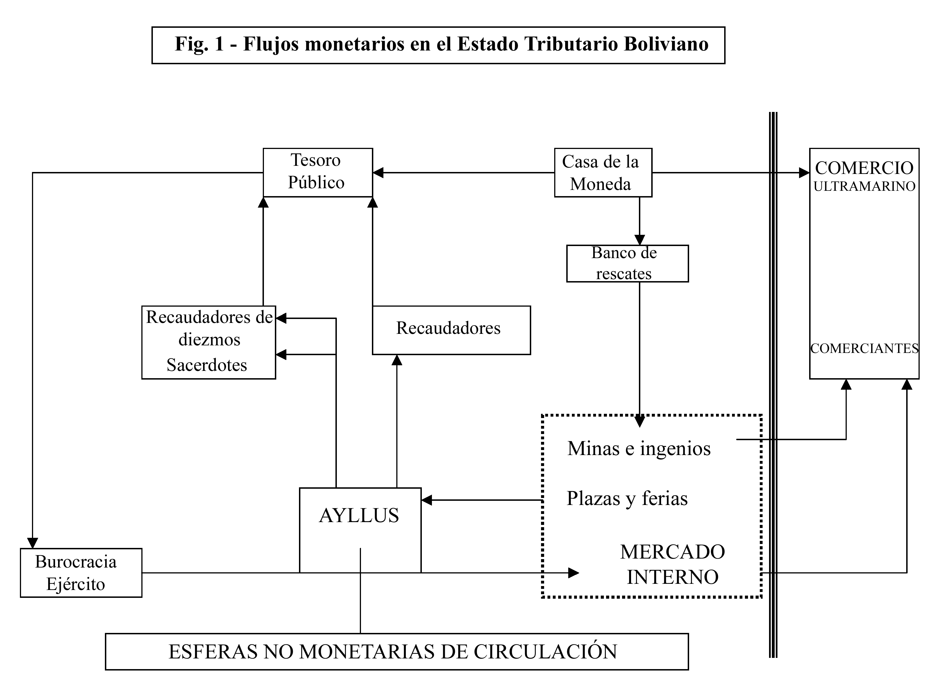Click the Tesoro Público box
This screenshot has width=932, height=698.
tap(318, 172)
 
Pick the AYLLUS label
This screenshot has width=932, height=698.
tap(359, 515)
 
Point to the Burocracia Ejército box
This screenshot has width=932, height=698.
tap(80, 572)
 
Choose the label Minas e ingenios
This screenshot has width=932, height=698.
tap(639, 448)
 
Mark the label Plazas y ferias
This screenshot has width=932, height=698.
tap(627, 498)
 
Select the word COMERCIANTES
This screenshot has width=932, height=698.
tap(864, 348)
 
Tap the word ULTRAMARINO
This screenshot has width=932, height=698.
tap(864, 186)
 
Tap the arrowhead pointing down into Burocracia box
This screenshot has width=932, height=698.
tap(33, 543)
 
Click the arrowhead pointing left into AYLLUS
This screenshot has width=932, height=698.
tap(427, 500)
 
